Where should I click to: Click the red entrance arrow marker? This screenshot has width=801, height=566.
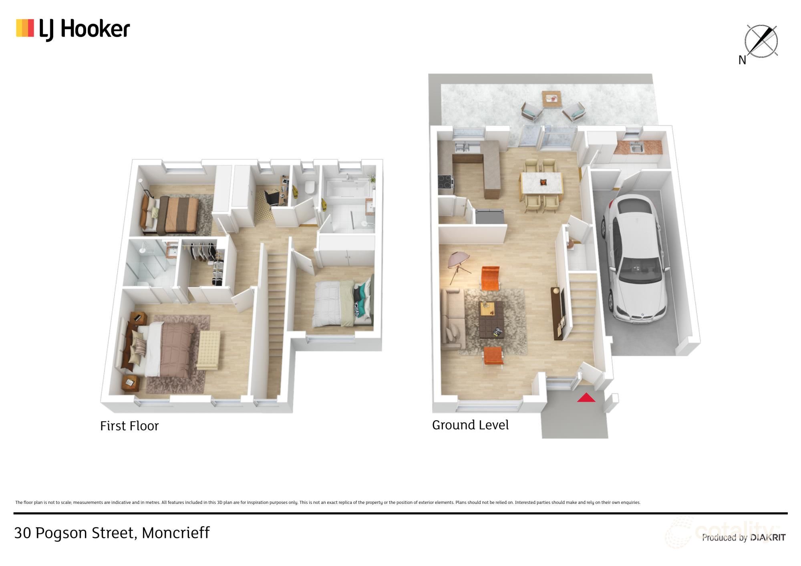[586, 397]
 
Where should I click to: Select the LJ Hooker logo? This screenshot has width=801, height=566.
[73, 29]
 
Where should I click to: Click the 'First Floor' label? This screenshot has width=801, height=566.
[129, 426]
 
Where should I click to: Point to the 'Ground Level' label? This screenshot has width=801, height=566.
[470, 425]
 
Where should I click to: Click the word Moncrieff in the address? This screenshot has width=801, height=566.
[176, 533]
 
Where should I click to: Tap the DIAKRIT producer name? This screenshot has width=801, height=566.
[768, 538]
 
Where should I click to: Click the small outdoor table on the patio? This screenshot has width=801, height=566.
[551, 99]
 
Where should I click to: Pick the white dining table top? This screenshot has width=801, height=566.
[541, 183]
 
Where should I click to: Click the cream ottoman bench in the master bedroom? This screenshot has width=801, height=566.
[208, 350]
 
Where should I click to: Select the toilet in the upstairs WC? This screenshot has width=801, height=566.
[309, 187]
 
